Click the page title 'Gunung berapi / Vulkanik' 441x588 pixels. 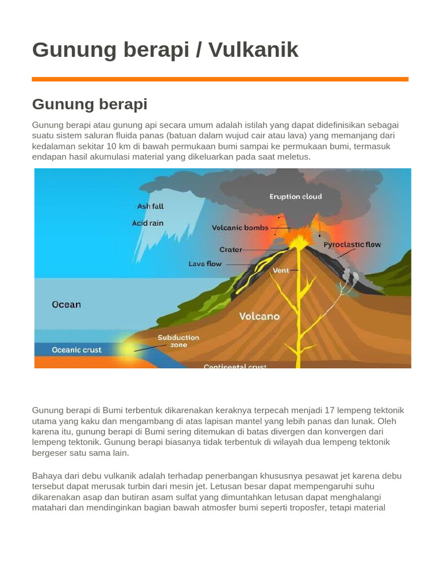pos(165,50)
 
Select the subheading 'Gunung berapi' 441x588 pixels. pos(90,104)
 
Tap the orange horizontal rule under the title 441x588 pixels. pos(220,79)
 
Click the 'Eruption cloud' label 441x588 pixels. pos(296,196)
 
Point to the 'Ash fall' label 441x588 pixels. pos(150,206)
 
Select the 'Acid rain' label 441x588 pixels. pos(148,223)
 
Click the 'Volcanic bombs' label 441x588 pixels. pos(240,228)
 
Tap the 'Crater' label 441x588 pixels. pos(231,250)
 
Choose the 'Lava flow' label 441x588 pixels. pos(205,264)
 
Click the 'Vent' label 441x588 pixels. pos(281,270)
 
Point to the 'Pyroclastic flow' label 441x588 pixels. pos(352,245)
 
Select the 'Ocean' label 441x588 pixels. pos(67,304)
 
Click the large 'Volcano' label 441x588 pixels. pos(260,316)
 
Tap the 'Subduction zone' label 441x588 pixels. pos(179,341)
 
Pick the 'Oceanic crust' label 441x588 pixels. pos(76,350)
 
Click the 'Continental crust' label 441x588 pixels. pos(235,366)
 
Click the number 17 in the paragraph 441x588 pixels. pos(330,411)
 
